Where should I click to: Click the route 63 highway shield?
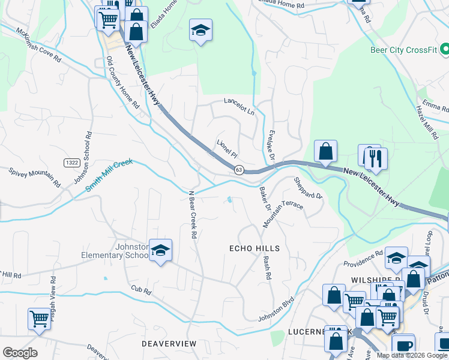(x=238, y=170)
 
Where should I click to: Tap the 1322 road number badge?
(x=73, y=163)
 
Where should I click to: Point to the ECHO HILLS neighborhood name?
(x=255, y=248)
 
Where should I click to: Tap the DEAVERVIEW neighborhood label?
(x=169, y=343)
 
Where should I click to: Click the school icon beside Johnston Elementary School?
(x=160, y=251)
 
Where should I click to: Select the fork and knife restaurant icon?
(x=376, y=159)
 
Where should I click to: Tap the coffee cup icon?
(x=404, y=346)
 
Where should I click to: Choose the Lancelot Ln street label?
(x=239, y=107)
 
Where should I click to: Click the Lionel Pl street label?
(x=228, y=148)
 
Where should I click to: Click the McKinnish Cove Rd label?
(x=38, y=46)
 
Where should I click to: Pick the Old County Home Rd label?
(x=122, y=82)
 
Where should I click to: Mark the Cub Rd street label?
(x=142, y=290)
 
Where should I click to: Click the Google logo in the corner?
(x=20, y=353)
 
